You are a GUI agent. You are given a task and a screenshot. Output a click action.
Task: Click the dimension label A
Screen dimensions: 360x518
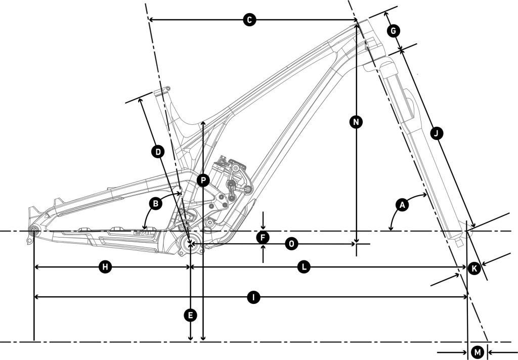pyautogui.click(x=403, y=205)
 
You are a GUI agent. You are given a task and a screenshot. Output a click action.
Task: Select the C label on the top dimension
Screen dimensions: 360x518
pyautogui.click(x=249, y=20)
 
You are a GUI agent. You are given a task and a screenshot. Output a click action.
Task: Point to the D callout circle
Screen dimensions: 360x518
pyautogui.click(x=158, y=151)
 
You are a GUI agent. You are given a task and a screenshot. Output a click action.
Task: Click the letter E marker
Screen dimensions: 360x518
pyautogui.click(x=190, y=316)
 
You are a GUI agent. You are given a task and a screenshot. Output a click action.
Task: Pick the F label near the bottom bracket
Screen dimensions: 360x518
pyautogui.click(x=263, y=237)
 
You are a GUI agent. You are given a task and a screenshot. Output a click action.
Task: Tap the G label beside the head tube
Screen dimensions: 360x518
pyautogui.click(x=393, y=31)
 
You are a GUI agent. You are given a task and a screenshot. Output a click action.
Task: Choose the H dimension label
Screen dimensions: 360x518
pyautogui.click(x=105, y=267)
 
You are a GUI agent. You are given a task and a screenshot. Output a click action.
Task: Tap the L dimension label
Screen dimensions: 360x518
pyautogui.click(x=303, y=267)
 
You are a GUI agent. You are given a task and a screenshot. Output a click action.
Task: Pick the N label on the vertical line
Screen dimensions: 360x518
pyautogui.click(x=357, y=122)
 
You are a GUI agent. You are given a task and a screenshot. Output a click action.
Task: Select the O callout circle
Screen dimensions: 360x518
pyautogui.click(x=291, y=244)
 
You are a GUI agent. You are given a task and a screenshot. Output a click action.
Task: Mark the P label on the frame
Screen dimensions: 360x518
pyautogui.click(x=203, y=179)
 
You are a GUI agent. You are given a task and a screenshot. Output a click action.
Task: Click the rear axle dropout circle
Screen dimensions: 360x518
pyautogui.click(x=34, y=232)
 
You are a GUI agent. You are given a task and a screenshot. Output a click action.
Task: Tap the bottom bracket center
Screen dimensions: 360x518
pyautogui.click(x=190, y=245)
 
